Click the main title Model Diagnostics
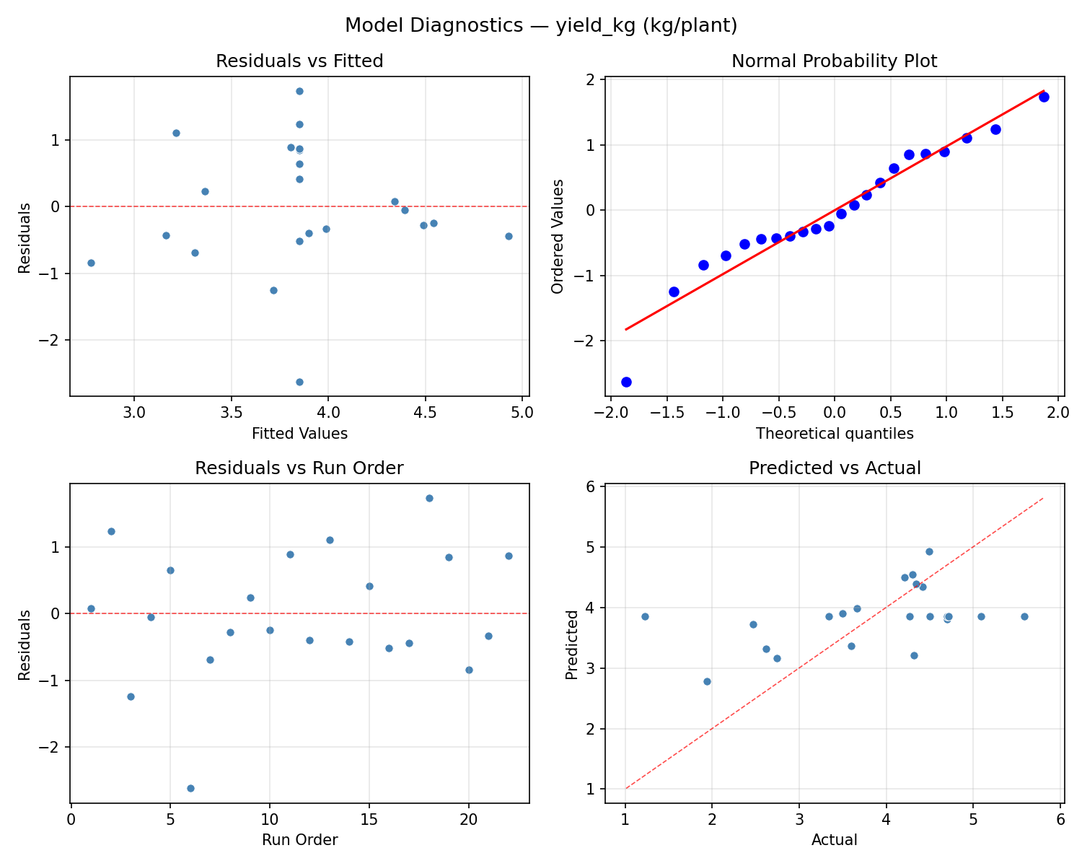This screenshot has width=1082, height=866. [x=540, y=26]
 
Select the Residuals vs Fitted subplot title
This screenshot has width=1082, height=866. [x=299, y=61]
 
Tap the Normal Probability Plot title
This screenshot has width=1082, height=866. [x=834, y=61]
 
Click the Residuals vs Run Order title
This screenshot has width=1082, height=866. [x=299, y=468]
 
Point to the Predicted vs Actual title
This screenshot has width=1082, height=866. [x=835, y=468]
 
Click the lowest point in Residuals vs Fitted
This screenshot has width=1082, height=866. [x=299, y=382]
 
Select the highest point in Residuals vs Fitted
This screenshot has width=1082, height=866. [x=299, y=91]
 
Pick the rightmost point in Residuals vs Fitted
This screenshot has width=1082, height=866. [x=509, y=236]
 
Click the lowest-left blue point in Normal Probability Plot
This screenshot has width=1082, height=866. [x=626, y=382]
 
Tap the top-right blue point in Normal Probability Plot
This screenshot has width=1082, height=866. [x=1044, y=97]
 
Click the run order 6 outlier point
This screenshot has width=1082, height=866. [x=190, y=788]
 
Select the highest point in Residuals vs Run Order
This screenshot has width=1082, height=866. [x=429, y=498]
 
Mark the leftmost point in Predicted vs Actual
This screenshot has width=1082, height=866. [x=645, y=616]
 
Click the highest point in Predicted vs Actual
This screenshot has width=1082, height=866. [x=929, y=551]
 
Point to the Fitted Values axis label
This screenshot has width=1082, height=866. [x=299, y=434]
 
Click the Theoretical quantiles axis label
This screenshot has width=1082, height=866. [x=835, y=434]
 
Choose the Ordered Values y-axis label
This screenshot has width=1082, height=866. [x=557, y=236]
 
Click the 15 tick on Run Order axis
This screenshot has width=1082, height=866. [x=369, y=820]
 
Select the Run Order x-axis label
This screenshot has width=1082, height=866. [x=299, y=840]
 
